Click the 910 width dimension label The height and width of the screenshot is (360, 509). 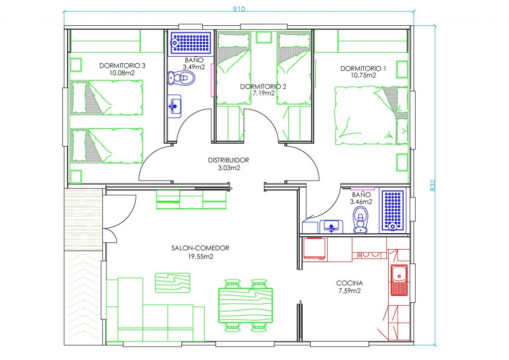pos(239,9)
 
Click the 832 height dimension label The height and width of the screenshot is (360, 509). pos(432,185)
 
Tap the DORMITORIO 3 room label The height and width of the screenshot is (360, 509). pos(122,66)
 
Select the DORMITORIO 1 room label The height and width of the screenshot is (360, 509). pos(363,69)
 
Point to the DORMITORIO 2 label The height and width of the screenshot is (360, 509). pos(263,87)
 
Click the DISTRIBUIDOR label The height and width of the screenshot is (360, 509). pos(229,160)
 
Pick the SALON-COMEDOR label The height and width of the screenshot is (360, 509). pos(200,248)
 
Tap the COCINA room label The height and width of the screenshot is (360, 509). pos(349,283)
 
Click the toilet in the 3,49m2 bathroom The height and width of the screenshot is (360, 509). pos(181,78)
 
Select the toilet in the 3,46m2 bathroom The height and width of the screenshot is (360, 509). pos(360,220)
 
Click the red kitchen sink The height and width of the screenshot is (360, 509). pos(399,280)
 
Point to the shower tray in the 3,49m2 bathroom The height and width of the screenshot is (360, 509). pos(191,42)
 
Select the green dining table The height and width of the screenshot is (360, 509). pos(246,305)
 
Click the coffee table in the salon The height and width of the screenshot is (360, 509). pos(172,283)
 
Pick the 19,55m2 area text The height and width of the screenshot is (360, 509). pos(201,257)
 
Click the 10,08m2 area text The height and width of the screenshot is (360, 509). pos(122,73)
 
